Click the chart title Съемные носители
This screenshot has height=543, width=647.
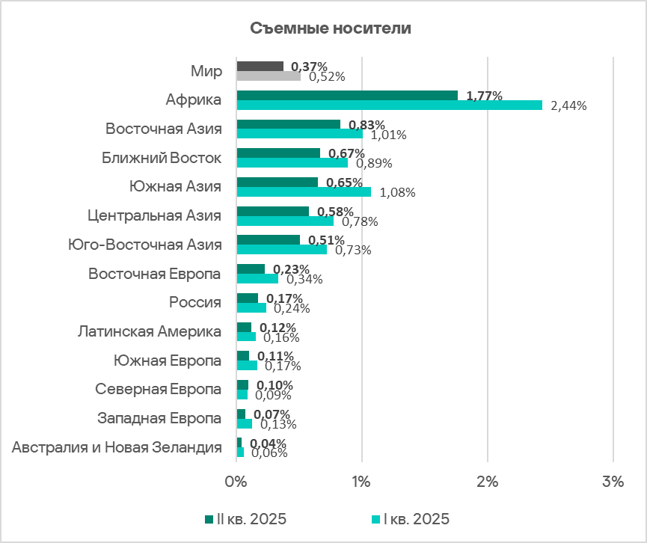tap(330, 29)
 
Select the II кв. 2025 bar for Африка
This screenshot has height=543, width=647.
tap(347, 95)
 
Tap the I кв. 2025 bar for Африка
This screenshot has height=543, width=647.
tap(389, 105)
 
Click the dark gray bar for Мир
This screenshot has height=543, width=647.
tap(260, 67)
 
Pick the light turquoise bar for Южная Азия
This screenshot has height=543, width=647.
tap(304, 191)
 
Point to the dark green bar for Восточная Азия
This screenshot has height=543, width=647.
tap(288, 124)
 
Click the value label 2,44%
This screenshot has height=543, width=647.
tap(568, 105)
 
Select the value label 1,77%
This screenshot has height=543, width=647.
tap(484, 95)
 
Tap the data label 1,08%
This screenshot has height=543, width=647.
tap(397, 192)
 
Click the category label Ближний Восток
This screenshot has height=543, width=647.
tap(162, 158)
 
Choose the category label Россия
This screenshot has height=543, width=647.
tap(194, 302)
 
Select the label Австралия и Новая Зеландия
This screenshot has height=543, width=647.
tap(117, 447)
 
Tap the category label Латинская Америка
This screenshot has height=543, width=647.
tap(150, 331)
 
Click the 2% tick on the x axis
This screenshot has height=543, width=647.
tap(488, 483)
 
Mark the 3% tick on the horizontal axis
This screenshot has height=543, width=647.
tap(613, 483)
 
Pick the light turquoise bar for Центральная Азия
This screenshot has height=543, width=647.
tap(285, 221)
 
